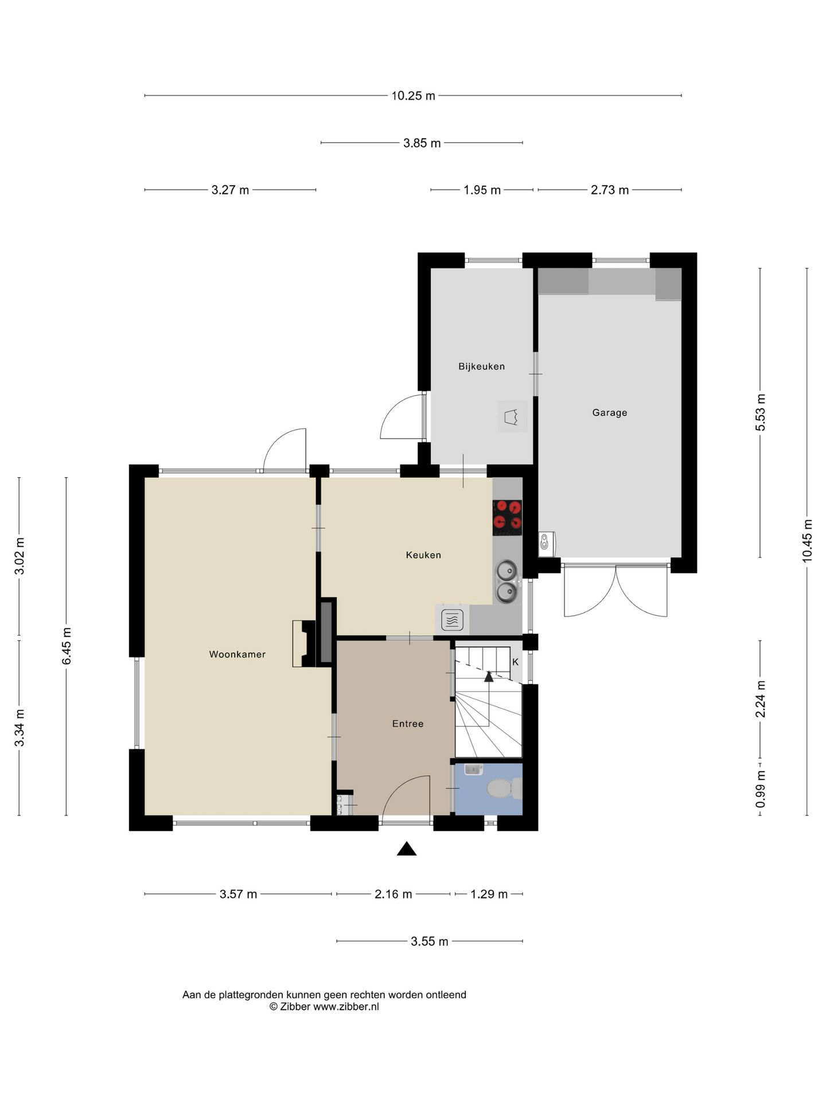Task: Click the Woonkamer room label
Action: coord(237,654)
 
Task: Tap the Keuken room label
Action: coord(423,555)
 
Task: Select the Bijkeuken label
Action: coord(481,366)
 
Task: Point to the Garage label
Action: coord(609,412)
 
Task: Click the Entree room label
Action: coord(408,724)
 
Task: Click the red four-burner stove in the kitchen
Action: coord(507,514)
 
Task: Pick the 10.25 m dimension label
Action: coord(413,96)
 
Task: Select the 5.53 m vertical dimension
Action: coord(761,413)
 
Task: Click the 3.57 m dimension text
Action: coord(238,893)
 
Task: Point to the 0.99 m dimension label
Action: coord(761,789)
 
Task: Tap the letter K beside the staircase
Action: coord(515,662)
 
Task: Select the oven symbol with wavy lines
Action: coord(452,620)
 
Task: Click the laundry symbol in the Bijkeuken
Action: coord(512,416)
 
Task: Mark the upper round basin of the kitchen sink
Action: coord(506,571)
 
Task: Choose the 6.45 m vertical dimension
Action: coord(67,646)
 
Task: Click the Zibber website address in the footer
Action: coord(346,1006)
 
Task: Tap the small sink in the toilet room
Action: coord(473,770)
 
